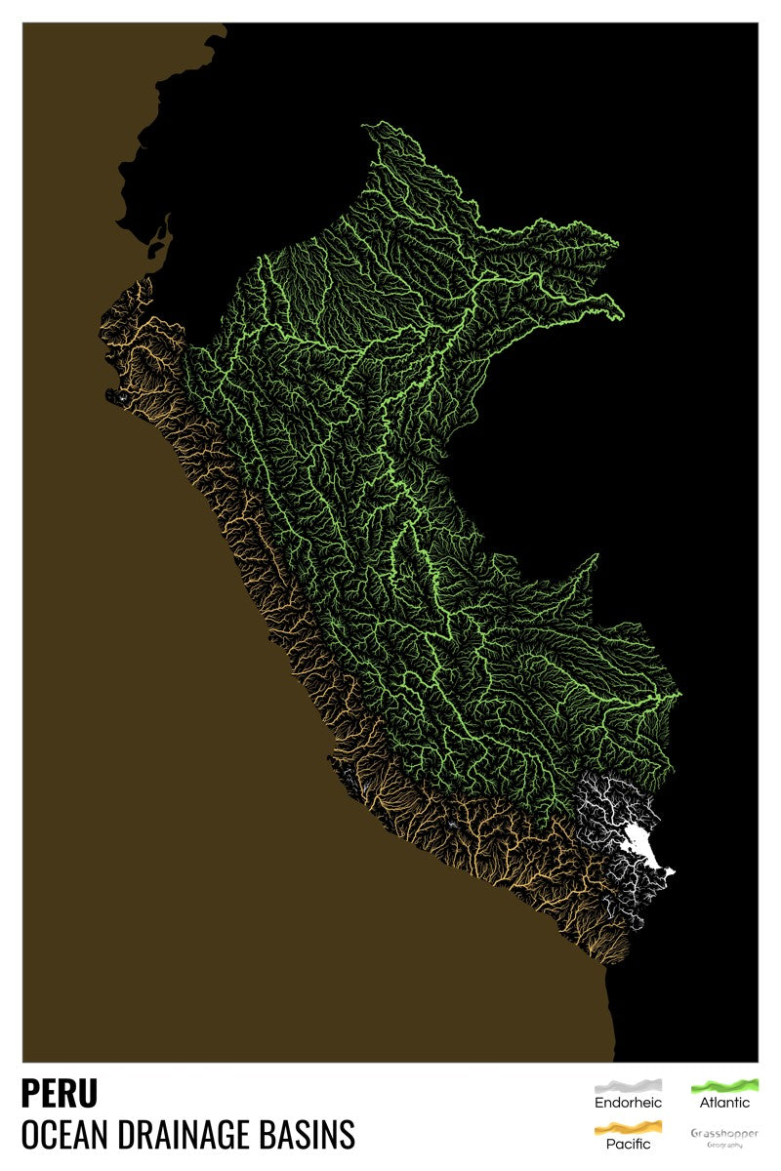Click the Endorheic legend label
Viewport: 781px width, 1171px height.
(628, 1103)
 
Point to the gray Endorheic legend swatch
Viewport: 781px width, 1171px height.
(628, 1085)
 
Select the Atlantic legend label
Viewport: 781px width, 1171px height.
(724, 1103)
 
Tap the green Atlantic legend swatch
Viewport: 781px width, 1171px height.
(724, 1085)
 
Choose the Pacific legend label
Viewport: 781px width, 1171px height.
(628, 1144)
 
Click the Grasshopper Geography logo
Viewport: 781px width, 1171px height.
(724, 1137)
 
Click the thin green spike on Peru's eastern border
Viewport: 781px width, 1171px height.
(596, 556)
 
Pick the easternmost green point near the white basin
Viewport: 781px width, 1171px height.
(679, 695)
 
